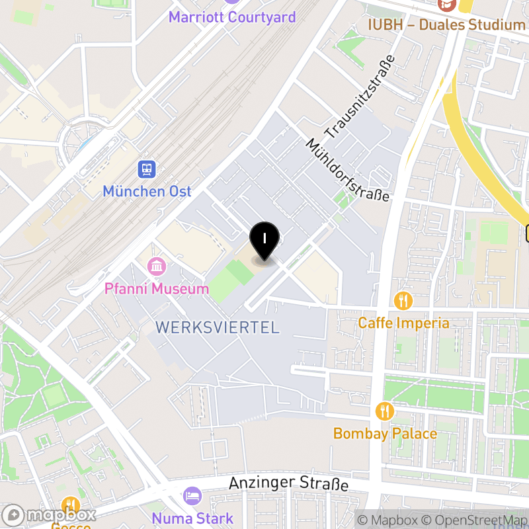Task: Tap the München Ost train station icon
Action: click(147, 170)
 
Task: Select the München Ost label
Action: click(147, 192)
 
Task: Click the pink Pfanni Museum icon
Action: click(157, 267)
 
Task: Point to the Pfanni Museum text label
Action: click(157, 289)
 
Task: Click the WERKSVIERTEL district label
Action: click(217, 327)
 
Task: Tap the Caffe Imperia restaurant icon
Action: click(403, 302)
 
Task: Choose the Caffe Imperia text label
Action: click(403, 323)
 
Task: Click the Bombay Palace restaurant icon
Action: click(385, 412)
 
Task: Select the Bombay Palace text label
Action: click(385, 434)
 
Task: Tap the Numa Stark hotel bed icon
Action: click(192, 496)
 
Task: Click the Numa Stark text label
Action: click(192, 518)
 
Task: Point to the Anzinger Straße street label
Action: click(288, 484)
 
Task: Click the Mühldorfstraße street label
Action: click(348, 170)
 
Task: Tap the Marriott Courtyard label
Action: click(232, 17)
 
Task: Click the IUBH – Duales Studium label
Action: click(447, 25)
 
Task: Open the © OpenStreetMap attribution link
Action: click(473, 520)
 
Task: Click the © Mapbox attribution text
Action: click(388, 520)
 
